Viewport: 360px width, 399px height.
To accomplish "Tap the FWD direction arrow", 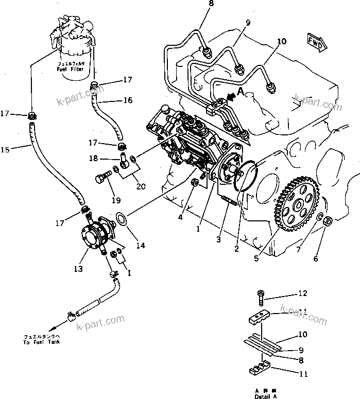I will point(315,42).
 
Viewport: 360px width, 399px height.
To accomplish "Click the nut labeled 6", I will point(329,222).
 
